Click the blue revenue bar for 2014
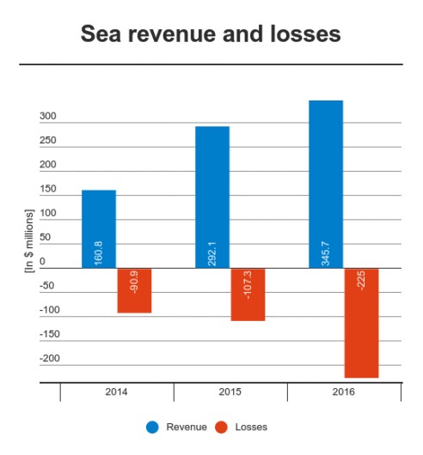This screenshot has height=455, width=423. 99,229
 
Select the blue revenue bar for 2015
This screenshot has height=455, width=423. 212,197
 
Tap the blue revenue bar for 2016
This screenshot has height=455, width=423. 326,185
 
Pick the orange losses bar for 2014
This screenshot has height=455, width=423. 134,290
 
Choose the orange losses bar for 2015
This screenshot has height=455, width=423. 248,294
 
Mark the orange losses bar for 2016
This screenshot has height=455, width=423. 361,323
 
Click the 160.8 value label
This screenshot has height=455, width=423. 99,253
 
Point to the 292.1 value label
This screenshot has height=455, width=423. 211,253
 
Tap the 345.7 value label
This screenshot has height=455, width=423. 325,253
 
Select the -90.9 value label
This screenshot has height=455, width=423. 134,282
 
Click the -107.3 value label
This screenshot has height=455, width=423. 248,285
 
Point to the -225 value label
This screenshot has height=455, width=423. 361,281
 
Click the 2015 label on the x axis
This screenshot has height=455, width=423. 230,391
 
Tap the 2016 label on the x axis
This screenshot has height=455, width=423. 343,391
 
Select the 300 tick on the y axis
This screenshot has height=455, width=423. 48,116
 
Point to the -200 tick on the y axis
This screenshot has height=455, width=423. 50,358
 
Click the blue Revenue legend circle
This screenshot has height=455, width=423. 152,428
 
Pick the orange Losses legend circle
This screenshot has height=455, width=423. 221,428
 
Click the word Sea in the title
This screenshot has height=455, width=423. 101,34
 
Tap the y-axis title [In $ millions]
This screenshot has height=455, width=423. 29,241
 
